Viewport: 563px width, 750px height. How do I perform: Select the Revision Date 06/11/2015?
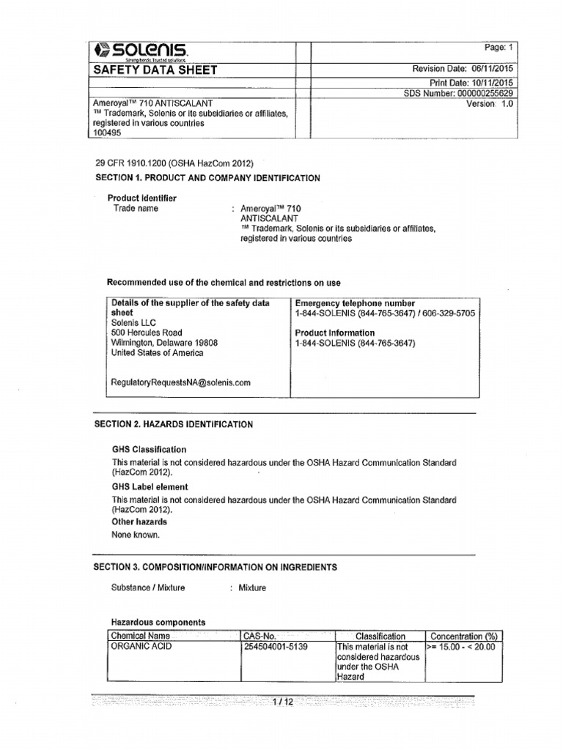point(463,69)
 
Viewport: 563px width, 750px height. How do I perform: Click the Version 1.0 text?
point(490,104)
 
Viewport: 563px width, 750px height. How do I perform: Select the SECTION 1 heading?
point(208,178)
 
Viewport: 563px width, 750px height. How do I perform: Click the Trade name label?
point(136,208)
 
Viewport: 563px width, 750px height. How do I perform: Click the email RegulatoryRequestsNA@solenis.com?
point(180,382)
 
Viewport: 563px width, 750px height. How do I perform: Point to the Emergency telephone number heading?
point(355,303)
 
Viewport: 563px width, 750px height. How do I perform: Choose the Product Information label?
point(334,333)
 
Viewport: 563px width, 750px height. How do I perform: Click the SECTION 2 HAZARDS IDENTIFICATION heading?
point(174,424)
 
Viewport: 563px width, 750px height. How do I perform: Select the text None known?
point(135,535)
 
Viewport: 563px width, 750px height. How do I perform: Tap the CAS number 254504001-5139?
point(275,647)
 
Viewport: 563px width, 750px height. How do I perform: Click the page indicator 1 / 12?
point(282,702)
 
